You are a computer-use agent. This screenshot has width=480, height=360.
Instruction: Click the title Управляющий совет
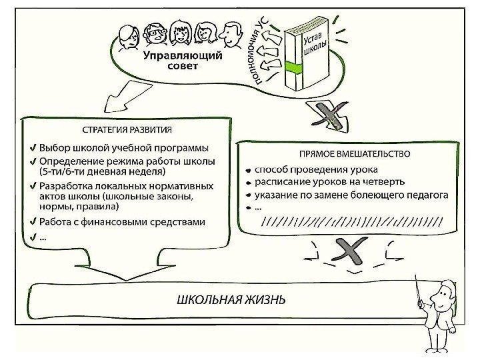tap(182, 62)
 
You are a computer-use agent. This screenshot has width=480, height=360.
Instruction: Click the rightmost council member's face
tap(231, 33)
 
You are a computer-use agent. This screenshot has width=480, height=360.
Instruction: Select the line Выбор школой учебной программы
tap(123, 147)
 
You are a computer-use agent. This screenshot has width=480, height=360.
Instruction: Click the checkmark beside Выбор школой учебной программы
tap(33, 147)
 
